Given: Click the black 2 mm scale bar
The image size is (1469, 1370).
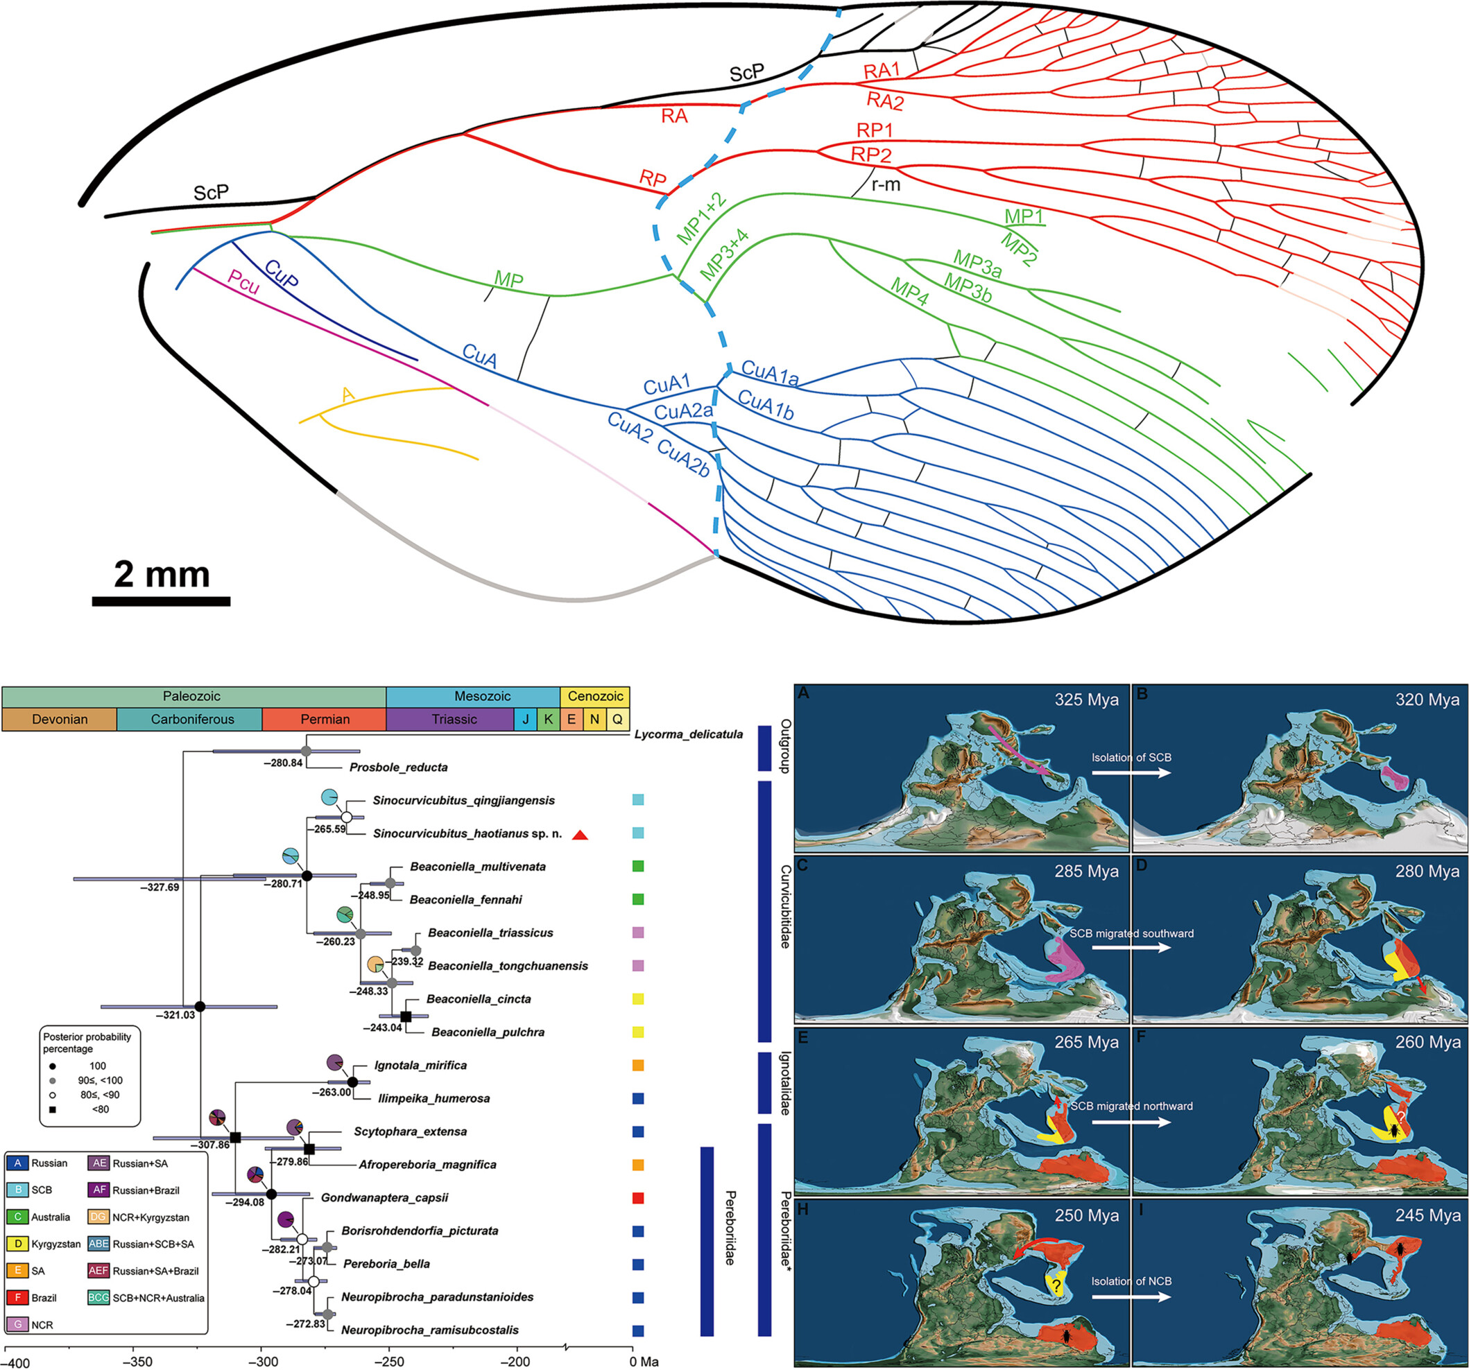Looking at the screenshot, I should click(161, 601).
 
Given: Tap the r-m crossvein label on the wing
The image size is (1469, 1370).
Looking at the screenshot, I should click(885, 184).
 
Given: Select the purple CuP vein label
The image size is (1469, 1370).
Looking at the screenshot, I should click(282, 274).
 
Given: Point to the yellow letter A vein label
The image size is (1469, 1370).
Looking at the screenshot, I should click(347, 395).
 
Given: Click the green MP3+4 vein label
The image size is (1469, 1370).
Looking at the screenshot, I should click(724, 256).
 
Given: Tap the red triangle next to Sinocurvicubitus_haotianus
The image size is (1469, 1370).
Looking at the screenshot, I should click(580, 835).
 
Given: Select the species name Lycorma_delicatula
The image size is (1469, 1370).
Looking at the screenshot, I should click(689, 734).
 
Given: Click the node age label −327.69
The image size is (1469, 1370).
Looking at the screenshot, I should click(160, 887).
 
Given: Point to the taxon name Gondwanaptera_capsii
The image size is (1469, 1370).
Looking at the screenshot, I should click(384, 1197).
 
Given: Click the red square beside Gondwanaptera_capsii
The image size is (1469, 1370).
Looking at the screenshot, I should click(637, 1198).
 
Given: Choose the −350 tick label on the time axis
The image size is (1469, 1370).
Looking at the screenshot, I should click(134, 1361).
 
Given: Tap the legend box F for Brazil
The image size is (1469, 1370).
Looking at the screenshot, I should click(18, 1298).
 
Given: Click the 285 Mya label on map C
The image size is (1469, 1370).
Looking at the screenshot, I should click(1086, 871).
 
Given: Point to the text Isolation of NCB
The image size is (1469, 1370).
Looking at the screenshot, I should click(1131, 1281).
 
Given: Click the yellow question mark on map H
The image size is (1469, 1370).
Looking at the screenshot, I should click(1058, 1286).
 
